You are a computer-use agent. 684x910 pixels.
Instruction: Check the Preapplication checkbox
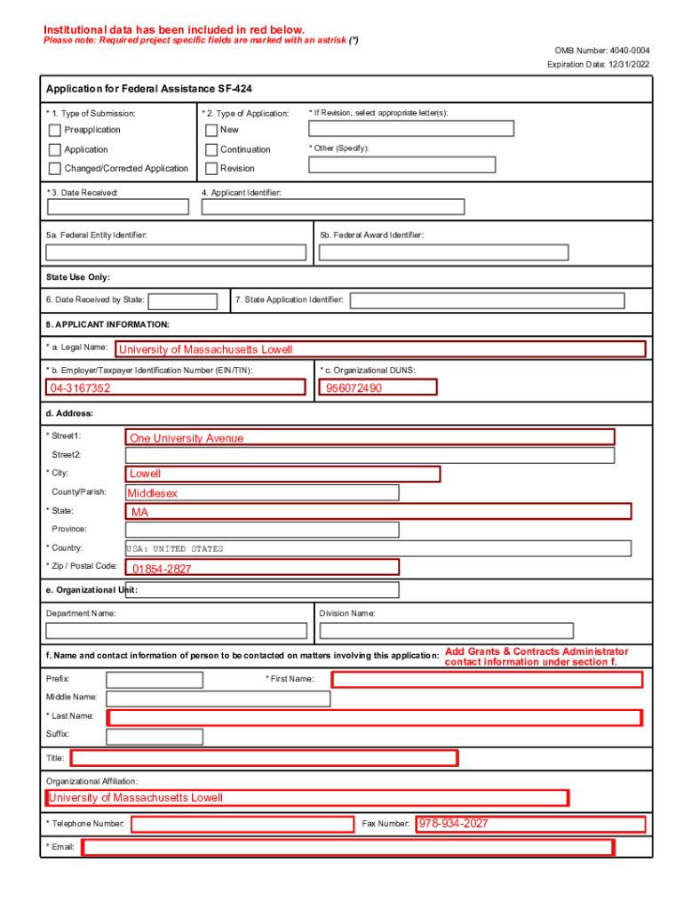[55, 131]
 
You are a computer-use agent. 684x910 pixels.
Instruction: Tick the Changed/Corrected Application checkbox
[55, 169]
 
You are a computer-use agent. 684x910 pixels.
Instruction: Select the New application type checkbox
[211, 131]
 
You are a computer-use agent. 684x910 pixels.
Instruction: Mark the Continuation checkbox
[211, 150]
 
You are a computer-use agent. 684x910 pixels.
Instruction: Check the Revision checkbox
[211, 169]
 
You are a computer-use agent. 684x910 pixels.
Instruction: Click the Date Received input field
[118, 207]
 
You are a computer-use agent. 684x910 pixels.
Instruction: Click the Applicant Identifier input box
[333, 207]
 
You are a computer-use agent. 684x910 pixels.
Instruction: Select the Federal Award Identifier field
[443, 252]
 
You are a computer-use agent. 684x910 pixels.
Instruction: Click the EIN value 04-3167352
[81, 388]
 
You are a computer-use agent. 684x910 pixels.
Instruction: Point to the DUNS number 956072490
[354, 388]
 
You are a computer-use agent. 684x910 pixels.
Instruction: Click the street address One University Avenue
[187, 438]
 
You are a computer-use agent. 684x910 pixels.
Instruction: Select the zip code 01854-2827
[162, 569]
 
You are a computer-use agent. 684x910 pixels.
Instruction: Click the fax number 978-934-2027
[454, 824]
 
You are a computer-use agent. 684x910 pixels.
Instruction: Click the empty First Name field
[487, 680]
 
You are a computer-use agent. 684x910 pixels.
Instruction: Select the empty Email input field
[347, 848]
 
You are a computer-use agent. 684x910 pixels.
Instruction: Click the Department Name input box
[177, 631]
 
